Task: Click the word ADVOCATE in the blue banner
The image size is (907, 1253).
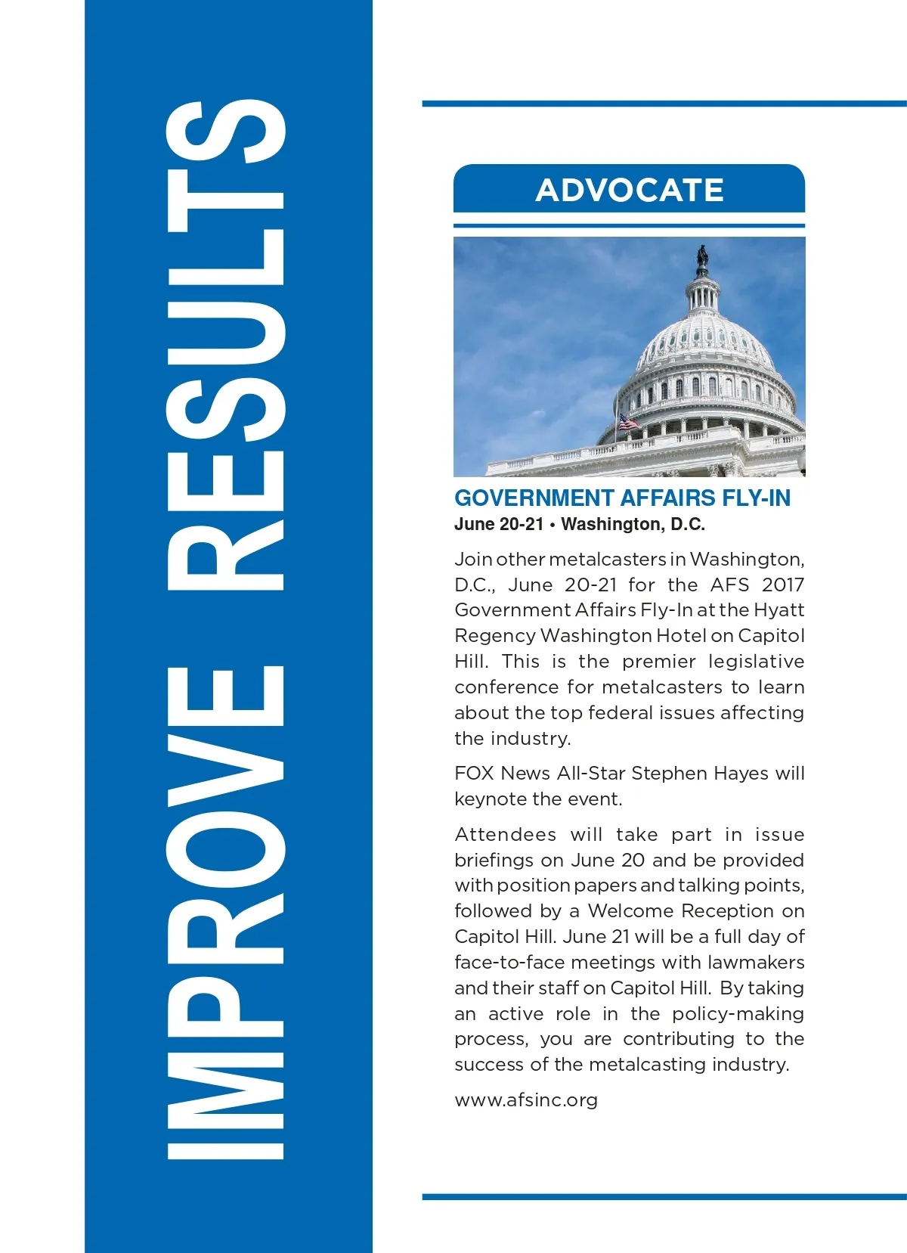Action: [630, 191]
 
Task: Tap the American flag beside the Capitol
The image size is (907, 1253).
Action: [628, 422]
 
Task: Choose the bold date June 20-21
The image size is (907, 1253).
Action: [499, 524]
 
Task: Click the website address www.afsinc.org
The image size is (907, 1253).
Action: [526, 1099]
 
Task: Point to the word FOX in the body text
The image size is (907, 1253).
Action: [474, 773]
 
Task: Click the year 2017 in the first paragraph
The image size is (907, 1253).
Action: [783, 585]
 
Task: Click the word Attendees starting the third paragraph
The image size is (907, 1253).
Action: [505, 834]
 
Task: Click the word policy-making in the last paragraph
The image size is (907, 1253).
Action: [738, 1013]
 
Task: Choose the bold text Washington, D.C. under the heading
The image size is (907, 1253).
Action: [633, 524]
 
